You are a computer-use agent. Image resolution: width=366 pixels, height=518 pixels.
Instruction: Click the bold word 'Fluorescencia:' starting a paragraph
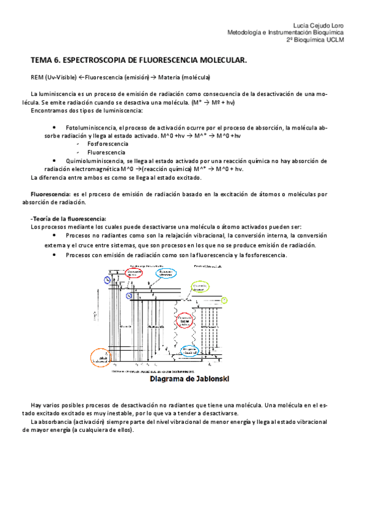[51, 194]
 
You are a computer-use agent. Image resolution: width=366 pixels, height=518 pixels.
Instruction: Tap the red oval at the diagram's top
[136, 273]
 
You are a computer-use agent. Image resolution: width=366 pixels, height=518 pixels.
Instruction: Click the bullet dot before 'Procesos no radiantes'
[54, 235]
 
